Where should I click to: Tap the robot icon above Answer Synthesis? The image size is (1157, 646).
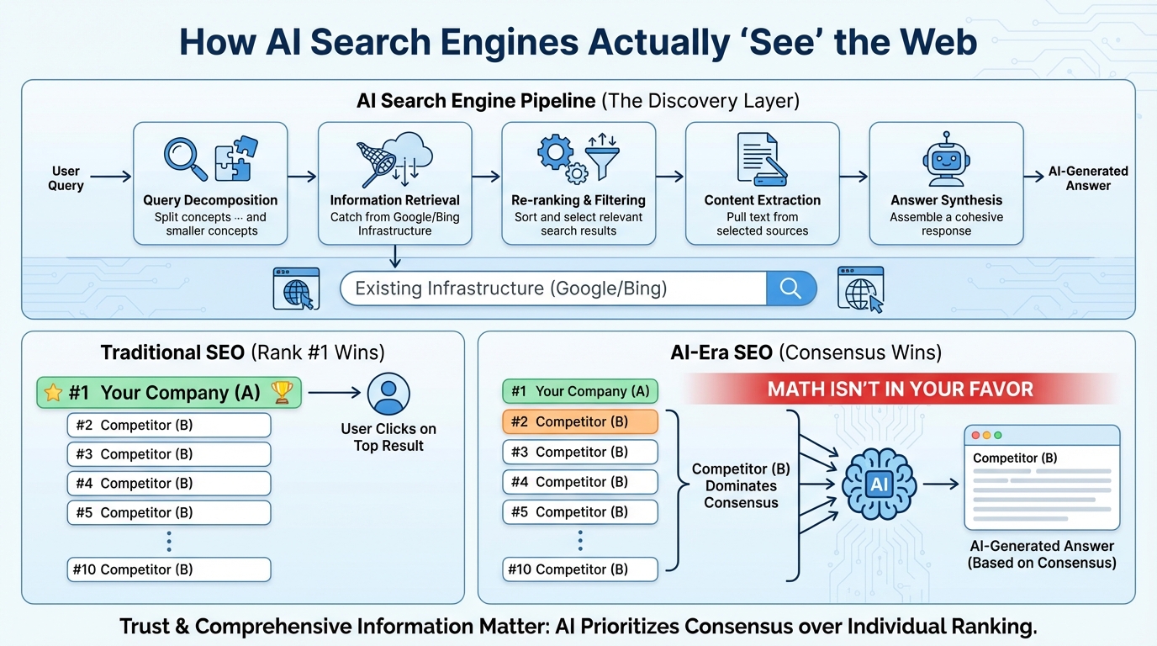coord(946,158)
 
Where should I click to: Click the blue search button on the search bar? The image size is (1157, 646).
coord(790,289)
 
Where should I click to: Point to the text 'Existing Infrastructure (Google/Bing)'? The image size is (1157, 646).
coord(510,289)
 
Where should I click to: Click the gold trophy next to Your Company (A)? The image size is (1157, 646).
coord(282,393)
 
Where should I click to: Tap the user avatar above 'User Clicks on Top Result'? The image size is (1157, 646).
coord(388,394)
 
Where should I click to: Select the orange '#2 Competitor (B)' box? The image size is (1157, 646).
coord(580,421)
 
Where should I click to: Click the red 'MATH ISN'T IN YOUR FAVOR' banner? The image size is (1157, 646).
coord(900,389)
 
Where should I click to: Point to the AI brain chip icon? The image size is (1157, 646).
coord(879,484)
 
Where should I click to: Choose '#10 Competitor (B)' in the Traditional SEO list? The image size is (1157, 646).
coord(169,569)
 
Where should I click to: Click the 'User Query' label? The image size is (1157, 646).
coord(66,178)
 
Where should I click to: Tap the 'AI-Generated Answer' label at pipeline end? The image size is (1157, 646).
coord(1088,178)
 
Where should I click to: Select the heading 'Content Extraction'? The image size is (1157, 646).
coord(762,200)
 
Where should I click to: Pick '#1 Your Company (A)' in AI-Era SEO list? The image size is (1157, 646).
coord(580,391)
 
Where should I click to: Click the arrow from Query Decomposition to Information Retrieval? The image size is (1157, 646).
coord(302,177)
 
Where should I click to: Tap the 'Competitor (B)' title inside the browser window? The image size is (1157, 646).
coord(1015,458)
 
